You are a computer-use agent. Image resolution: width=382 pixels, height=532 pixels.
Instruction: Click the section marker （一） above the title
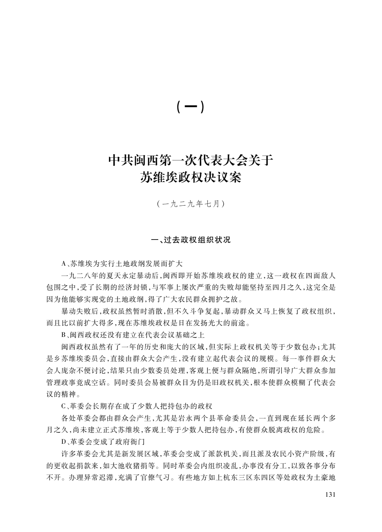(190, 107)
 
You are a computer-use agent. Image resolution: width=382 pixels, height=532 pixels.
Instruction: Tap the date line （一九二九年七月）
(190, 204)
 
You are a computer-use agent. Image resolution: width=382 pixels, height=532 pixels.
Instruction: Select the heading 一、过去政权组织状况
(190, 240)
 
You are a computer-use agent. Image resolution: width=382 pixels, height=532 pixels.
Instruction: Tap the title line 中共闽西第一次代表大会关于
(190, 160)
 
